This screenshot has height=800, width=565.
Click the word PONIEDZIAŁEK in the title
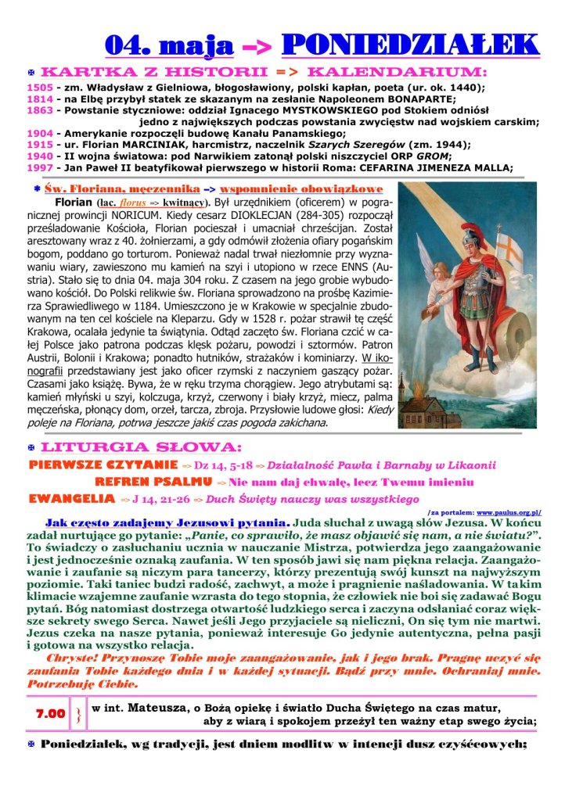409,44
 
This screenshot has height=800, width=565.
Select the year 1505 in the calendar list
40,88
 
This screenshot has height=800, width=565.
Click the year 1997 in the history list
40,167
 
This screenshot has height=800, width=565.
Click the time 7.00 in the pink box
51,714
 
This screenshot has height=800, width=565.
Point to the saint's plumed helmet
470,234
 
